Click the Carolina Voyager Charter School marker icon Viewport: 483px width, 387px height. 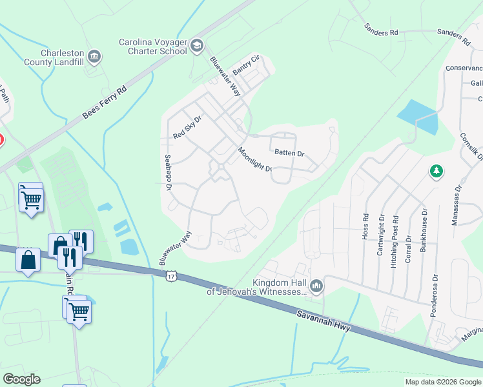pyautogui.click(x=196, y=45)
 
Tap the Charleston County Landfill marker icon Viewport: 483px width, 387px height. pyautogui.click(x=94, y=57)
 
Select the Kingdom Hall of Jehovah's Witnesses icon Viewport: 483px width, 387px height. pyautogui.click(x=316, y=285)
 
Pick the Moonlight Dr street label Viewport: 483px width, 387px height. pyautogui.click(x=254, y=159)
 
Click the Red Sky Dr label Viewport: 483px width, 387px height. pyautogui.click(x=188, y=128)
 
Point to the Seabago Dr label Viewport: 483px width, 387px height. pyautogui.click(x=167, y=172)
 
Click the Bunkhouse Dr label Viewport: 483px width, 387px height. pyautogui.click(x=424, y=230)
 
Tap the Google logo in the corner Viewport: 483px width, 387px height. pyautogui.click(x=21, y=379)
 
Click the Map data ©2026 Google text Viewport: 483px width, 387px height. pyautogui.click(x=443, y=382)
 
